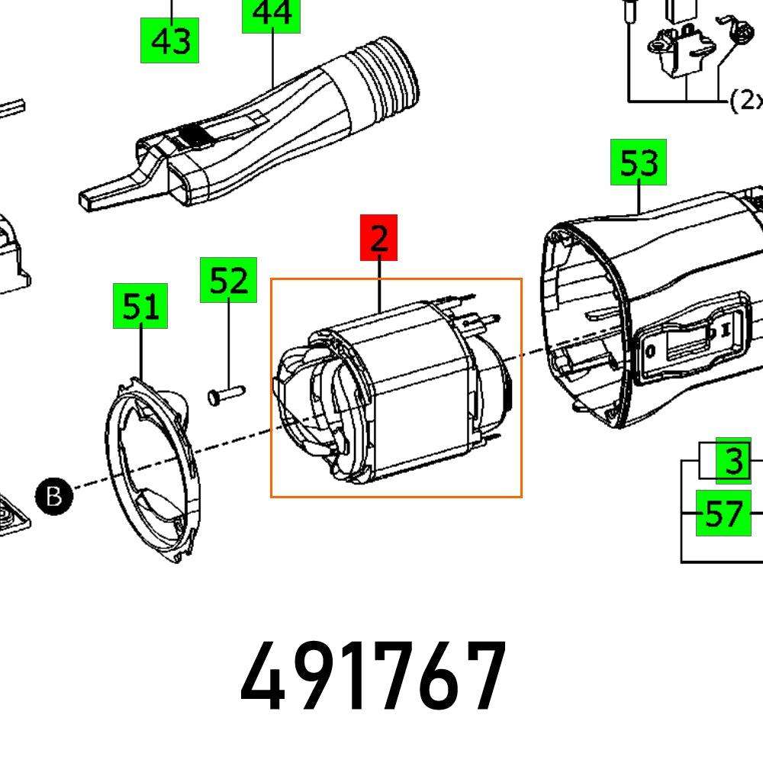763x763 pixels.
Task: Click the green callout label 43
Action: click(x=169, y=40)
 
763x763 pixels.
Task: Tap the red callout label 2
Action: click(x=378, y=237)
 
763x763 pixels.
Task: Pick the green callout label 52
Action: click(x=228, y=280)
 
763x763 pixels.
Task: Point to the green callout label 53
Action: click(x=638, y=163)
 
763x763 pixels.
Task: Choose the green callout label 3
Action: click(x=733, y=462)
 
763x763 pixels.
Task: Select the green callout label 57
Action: click(x=723, y=513)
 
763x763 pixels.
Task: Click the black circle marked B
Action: click(x=53, y=497)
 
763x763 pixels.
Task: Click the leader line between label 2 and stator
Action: click(x=379, y=284)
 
